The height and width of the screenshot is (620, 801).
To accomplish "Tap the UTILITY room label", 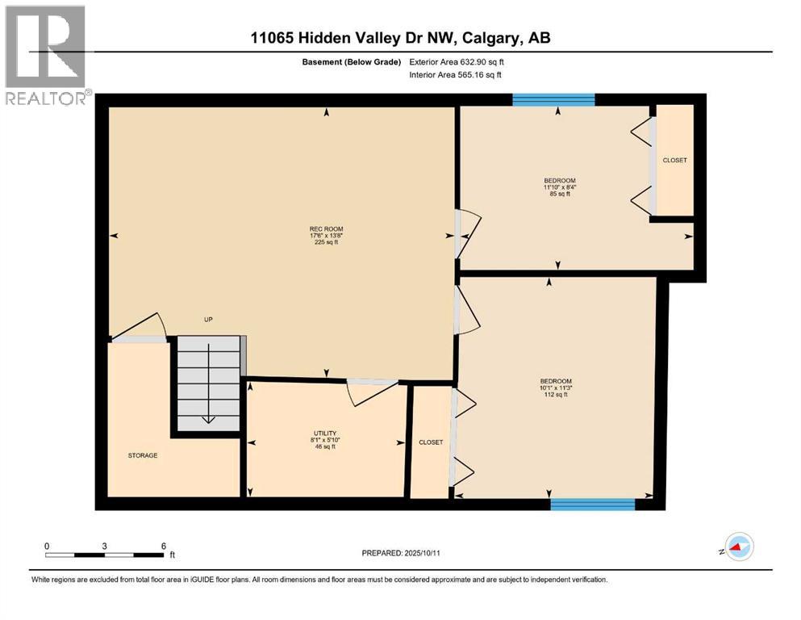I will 324,440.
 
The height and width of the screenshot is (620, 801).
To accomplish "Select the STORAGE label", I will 142,455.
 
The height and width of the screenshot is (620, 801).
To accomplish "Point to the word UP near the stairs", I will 208,320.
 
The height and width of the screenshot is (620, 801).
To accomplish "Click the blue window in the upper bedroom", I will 553,99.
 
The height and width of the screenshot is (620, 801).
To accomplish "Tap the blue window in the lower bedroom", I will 592,504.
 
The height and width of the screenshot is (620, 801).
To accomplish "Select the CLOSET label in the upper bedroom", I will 674,160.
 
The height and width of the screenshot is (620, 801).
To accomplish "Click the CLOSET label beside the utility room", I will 431,442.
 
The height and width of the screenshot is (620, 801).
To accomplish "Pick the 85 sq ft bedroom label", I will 559,187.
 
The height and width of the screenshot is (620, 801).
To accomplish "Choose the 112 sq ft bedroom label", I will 556,387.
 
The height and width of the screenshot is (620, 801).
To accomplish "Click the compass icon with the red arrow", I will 738,547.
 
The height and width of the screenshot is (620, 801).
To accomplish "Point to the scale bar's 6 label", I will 164,546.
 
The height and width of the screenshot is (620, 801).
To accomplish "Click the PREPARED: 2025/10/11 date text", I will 400,553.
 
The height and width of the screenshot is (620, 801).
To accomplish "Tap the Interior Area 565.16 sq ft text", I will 456,75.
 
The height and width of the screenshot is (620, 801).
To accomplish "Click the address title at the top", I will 400,37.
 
